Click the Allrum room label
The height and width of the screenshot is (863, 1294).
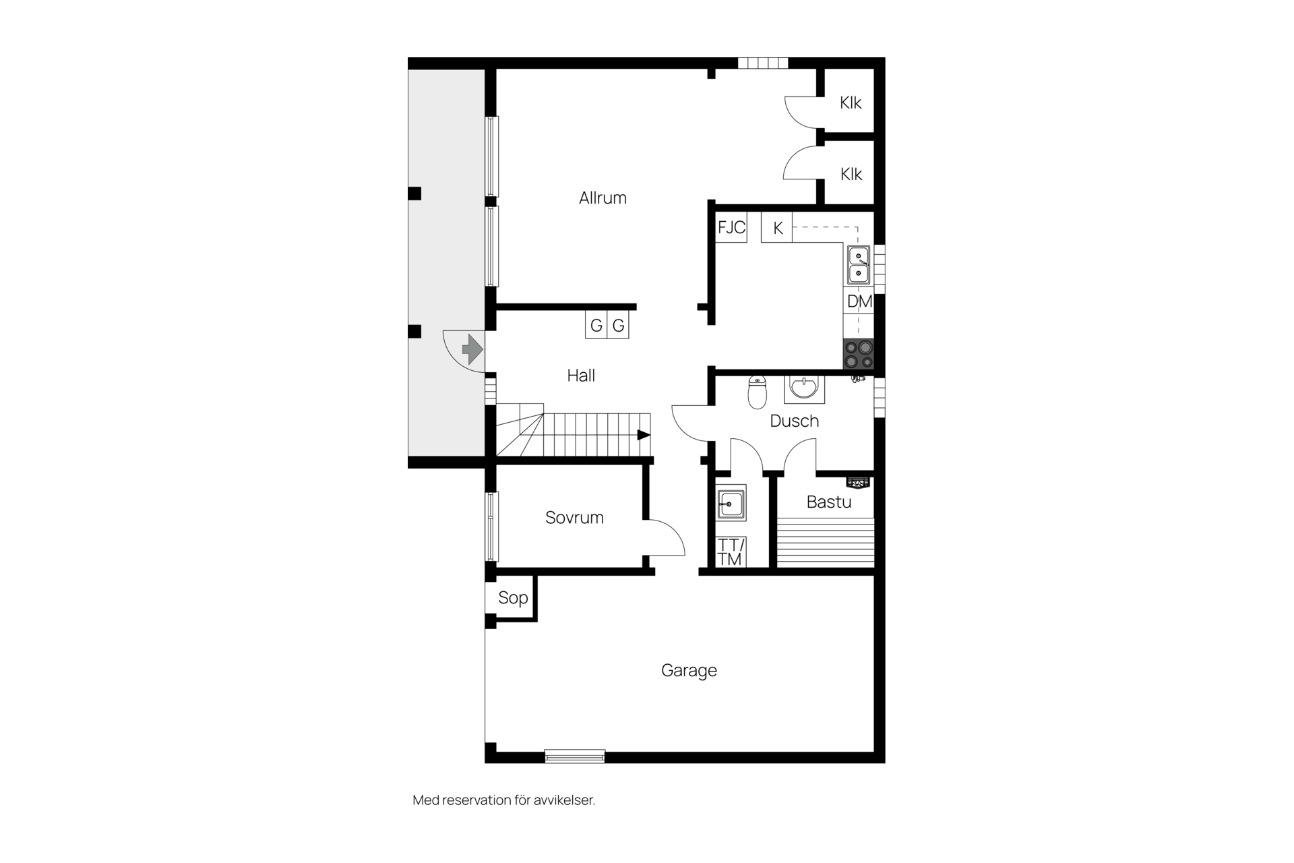coord(603,198)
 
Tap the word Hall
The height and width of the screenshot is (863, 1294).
coord(581,376)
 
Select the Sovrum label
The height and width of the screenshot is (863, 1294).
coord(574,517)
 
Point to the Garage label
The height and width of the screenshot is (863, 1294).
coord(689,671)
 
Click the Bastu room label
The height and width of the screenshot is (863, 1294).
coord(829,502)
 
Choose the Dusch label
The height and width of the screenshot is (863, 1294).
coord(795,421)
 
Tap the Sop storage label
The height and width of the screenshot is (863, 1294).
coord(513,598)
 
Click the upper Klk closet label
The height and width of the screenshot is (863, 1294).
coord(851,102)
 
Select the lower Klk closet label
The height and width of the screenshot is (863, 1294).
coord(851,174)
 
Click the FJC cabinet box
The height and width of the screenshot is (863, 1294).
coord(731,227)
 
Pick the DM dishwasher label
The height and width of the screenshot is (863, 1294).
coord(859,301)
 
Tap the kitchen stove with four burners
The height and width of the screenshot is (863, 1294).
coord(859,354)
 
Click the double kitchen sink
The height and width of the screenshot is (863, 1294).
coord(859,264)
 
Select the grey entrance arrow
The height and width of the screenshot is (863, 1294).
coord(472,349)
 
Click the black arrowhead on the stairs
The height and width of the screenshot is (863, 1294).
coord(644,435)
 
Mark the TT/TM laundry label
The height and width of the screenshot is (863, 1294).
coord(731,552)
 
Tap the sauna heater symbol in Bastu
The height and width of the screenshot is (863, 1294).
coord(859,483)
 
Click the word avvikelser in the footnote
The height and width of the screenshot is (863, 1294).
coord(564,800)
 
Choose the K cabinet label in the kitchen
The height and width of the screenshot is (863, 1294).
coord(778,229)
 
